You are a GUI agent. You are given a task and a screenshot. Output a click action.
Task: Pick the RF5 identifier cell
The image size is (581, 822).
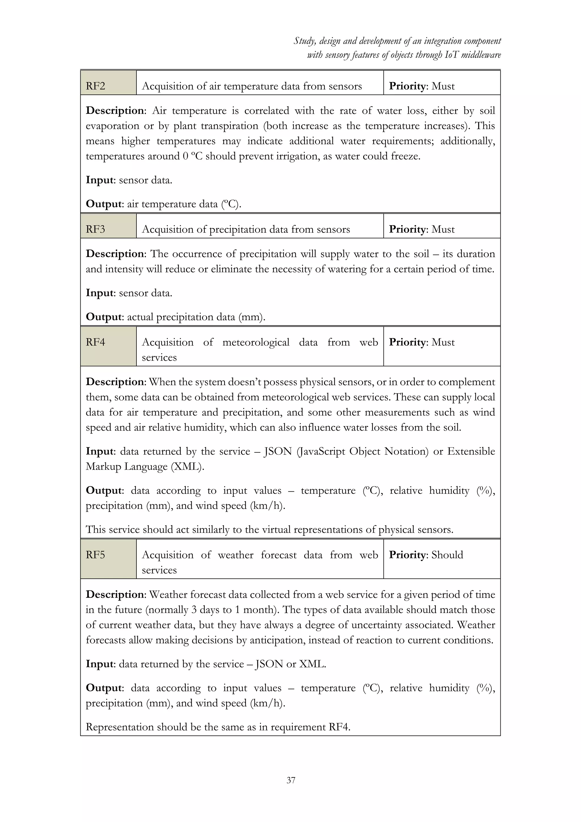(108, 559)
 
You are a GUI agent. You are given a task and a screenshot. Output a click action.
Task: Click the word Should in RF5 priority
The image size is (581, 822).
(447, 555)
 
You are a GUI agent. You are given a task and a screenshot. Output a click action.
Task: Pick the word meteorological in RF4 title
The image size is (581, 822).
(256, 342)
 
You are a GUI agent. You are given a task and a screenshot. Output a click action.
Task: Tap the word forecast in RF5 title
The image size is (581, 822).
(278, 555)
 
